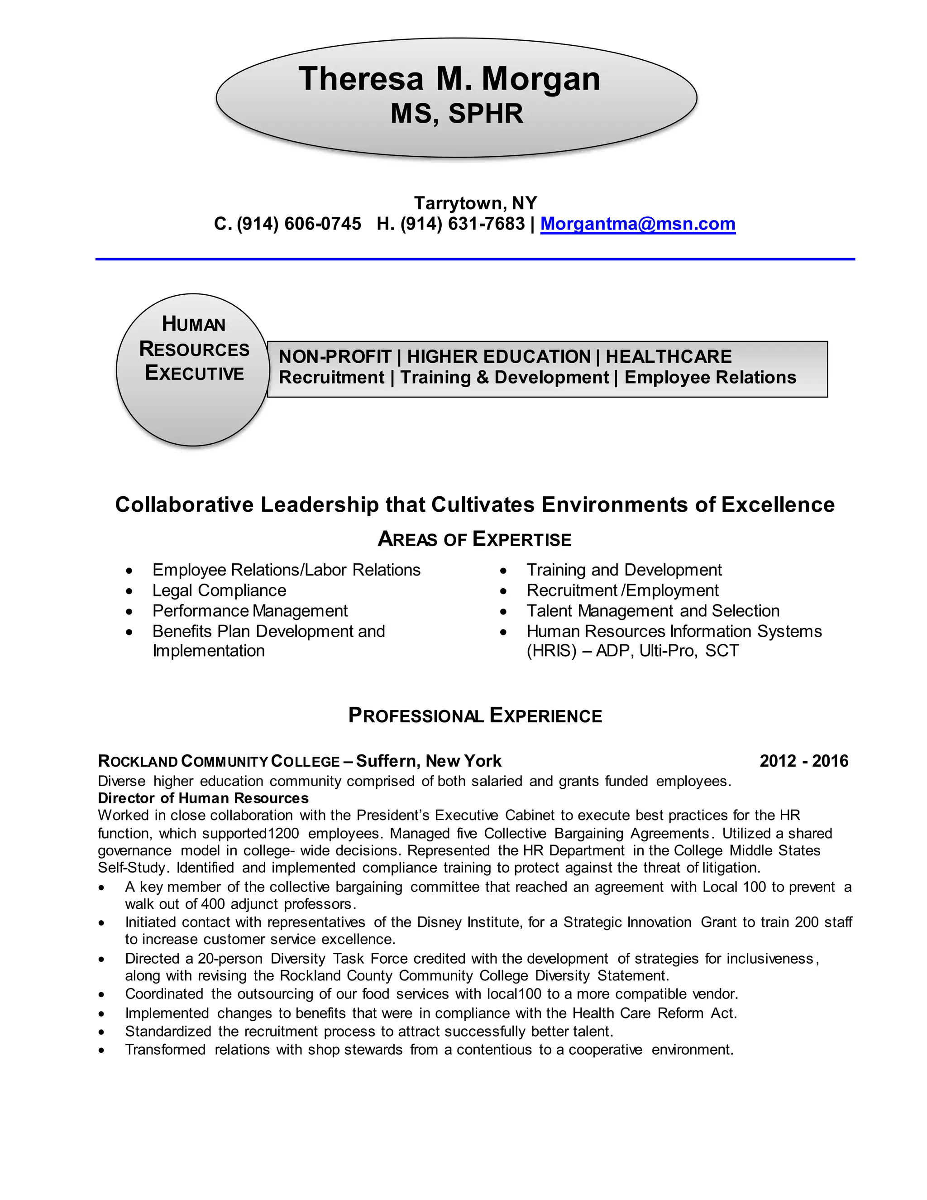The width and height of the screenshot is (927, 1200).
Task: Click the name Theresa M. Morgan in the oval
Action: click(x=449, y=79)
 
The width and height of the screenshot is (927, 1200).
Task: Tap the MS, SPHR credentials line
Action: click(x=456, y=114)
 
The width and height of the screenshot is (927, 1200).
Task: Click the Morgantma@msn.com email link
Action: click(x=638, y=224)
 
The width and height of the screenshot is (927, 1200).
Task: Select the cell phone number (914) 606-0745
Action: click(x=299, y=224)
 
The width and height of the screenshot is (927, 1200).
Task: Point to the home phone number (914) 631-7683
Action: click(x=463, y=224)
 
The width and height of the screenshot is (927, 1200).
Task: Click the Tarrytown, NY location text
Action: click(x=475, y=203)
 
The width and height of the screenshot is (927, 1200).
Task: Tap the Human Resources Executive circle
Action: click(x=193, y=369)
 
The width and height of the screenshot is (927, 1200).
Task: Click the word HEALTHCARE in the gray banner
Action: click(x=669, y=356)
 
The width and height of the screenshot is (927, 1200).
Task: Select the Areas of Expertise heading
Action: click(x=474, y=539)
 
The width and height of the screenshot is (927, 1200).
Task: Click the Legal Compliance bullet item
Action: click(x=219, y=590)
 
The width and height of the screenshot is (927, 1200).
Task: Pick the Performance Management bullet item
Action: click(x=250, y=610)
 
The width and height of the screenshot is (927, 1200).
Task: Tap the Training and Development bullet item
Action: click(x=624, y=570)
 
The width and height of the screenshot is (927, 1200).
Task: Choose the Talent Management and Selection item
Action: click(x=653, y=610)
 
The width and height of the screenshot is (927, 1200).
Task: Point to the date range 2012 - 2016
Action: click(x=804, y=761)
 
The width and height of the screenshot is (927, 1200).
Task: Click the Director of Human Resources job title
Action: click(x=203, y=798)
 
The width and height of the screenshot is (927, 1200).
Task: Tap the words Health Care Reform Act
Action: click(x=654, y=1013)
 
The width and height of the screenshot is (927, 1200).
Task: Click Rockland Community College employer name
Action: click(x=219, y=762)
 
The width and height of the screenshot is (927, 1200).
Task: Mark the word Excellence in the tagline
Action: click(x=778, y=504)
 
